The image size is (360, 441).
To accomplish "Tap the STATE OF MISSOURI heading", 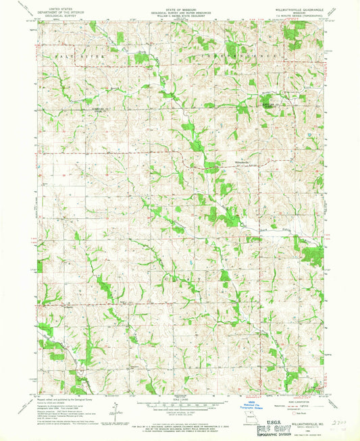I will click(180, 3).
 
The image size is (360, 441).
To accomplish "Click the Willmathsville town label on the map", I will click(228, 162).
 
